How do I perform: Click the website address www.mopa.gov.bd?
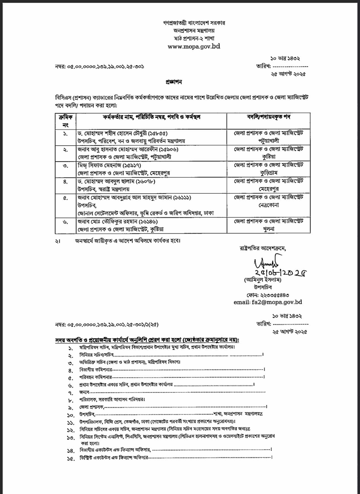pos(194,46)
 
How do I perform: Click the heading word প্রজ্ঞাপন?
pos(174,82)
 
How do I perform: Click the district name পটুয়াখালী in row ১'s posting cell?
pos(268,141)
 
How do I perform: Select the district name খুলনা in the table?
pos(268,229)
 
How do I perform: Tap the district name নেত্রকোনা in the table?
pos(268,205)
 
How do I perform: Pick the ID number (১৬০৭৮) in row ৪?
pos(145,182)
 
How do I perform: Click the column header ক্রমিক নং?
pos(66,121)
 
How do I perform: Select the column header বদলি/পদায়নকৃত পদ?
pos(268,117)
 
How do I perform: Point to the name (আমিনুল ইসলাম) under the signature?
pos(263,280)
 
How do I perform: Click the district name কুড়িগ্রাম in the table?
pos(268,173)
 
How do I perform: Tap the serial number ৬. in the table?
pos(66,222)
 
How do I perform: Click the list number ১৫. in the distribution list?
pos(71,459)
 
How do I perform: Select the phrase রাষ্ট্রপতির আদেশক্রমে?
pos(263,248)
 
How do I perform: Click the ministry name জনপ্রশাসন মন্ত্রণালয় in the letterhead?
pos(194,31)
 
